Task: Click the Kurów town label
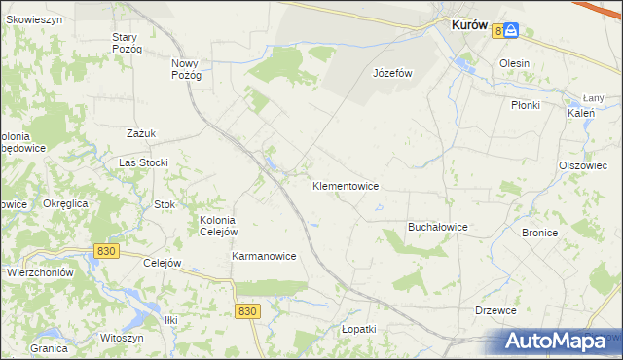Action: point(469,28)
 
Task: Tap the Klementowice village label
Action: point(346,186)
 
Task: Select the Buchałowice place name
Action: point(437,227)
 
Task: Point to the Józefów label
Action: point(393,73)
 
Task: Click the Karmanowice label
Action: point(264,256)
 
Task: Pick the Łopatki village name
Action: point(358,329)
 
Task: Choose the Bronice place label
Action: point(539,234)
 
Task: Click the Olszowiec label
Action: point(583,165)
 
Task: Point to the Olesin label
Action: point(514,63)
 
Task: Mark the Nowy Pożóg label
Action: point(186,69)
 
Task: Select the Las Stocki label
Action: point(144,162)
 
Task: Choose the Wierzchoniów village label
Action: point(41,273)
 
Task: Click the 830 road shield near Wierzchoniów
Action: point(107,251)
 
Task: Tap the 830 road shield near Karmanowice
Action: point(247,310)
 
